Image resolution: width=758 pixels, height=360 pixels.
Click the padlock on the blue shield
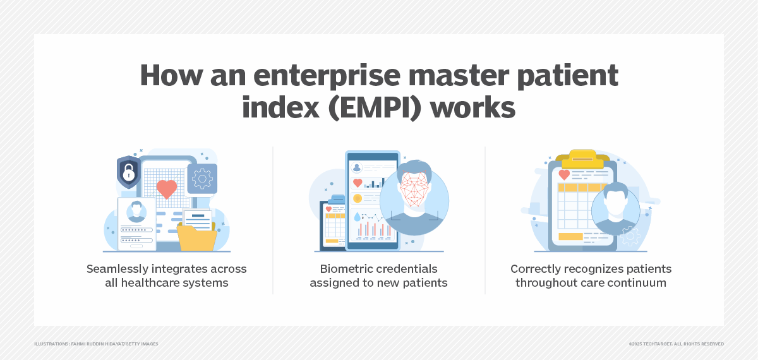click(128, 172)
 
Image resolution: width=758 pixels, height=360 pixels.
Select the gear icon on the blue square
click(202, 179)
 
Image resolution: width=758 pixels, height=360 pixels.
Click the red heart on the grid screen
click(167, 188)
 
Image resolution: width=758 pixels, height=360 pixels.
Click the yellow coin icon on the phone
click(358, 198)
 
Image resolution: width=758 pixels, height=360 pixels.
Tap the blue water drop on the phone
click(358, 217)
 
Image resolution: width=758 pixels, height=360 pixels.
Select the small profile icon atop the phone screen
click(358, 168)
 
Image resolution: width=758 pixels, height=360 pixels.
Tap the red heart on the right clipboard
click(564, 174)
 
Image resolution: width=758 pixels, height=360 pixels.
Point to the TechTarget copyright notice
click(676, 344)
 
